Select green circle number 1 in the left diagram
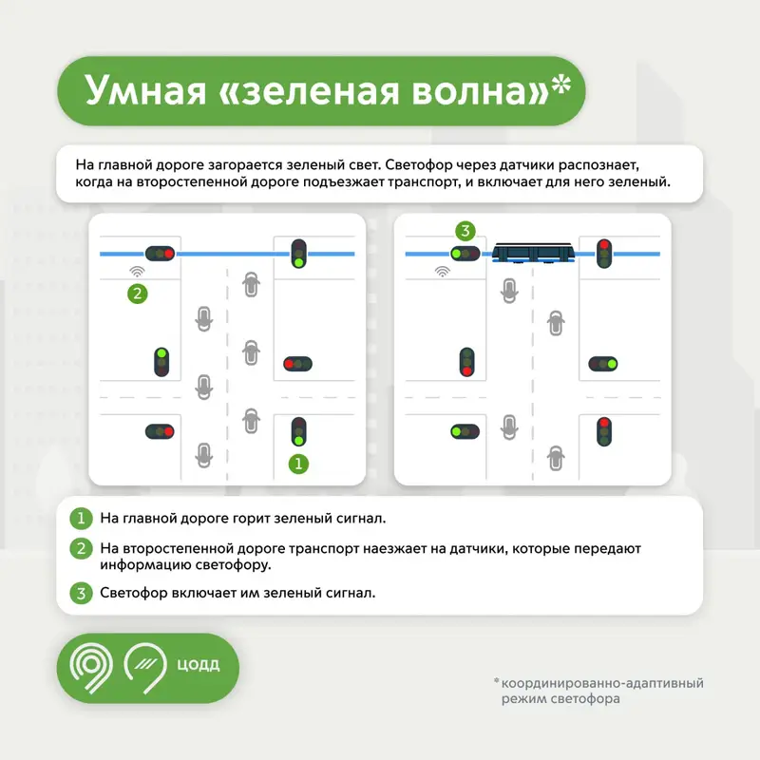tap(299, 464)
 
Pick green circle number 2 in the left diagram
tap(138, 294)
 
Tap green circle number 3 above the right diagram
tap(465, 230)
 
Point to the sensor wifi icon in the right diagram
tap(442, 272)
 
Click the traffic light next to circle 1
tap(298, 431)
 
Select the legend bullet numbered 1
tap(81, 519)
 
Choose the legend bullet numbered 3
tap(81, 594)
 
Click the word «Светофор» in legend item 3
tap(133, 594)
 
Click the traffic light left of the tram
tap(465, 254)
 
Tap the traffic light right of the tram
tap(602, 254)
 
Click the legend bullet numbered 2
tap(81, 548)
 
